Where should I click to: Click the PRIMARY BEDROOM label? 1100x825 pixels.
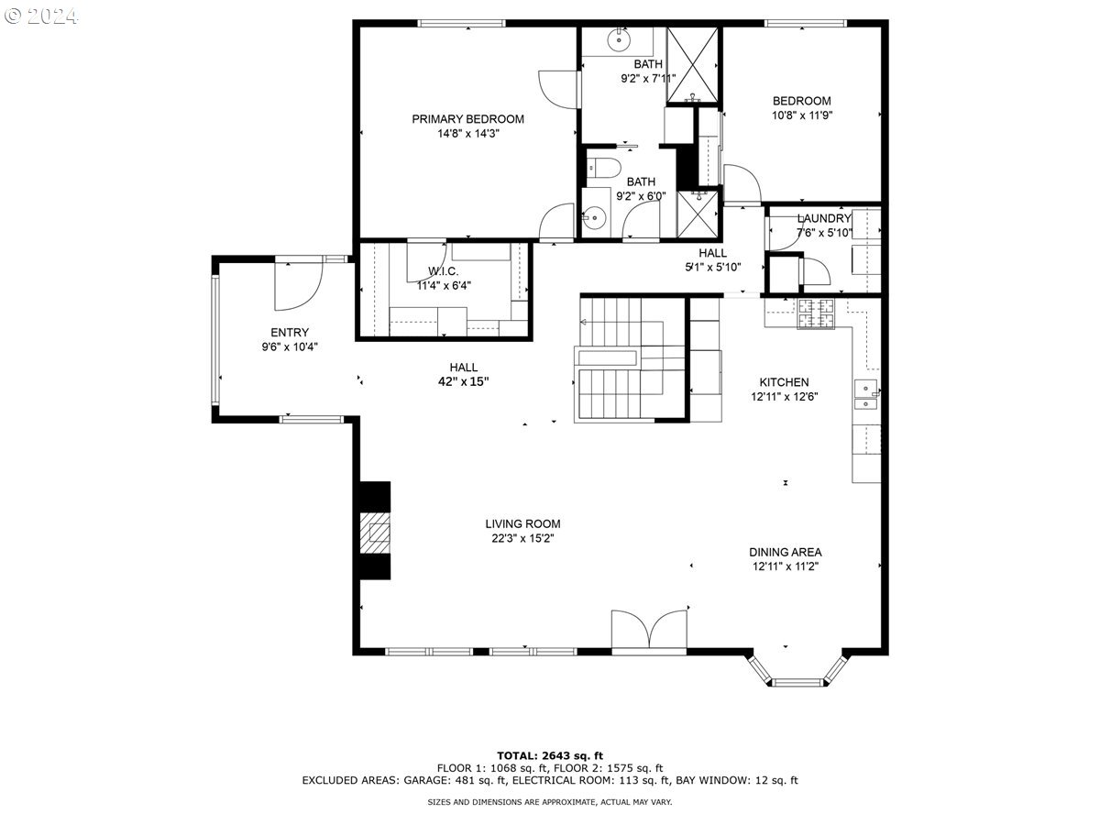[467, 119]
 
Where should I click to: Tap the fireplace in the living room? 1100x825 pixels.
[374, 531]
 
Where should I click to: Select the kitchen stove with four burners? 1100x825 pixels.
[817, 313]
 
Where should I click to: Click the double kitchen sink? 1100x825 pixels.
[864, 394]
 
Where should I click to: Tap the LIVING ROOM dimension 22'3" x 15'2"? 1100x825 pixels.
[522, 539]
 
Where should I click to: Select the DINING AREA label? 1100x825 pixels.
[785, 552]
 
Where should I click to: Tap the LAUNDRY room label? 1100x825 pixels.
[823, 218]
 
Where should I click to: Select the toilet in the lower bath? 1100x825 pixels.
[603, 167]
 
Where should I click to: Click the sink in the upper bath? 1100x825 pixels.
[621, 38]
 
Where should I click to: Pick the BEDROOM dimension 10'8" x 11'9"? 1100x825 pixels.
[801, 115]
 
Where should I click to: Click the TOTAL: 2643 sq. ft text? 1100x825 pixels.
[550, 755]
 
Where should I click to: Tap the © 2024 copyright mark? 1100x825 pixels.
[41, 16]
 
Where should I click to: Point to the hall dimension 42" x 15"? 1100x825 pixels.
[464, 381]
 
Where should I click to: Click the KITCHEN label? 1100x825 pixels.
[784, 382]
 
